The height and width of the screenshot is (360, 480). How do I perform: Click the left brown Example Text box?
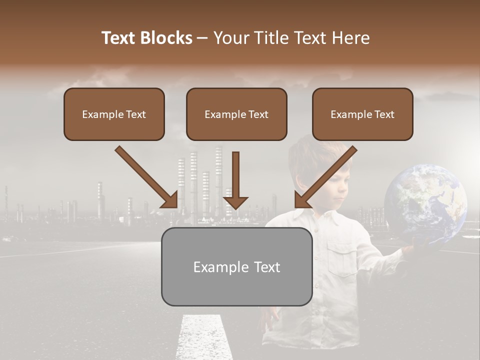point(114,114)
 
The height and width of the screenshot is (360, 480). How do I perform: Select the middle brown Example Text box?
point(236,114)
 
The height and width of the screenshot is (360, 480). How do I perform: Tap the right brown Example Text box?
point(362,114)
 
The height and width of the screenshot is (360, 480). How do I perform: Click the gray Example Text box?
point(236,266)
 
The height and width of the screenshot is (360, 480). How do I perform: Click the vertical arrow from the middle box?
point(235,180)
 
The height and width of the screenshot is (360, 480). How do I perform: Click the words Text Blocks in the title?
point(146,38)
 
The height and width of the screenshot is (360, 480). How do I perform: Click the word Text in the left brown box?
point(135,114)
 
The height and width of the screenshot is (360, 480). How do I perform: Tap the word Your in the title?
point(230,38)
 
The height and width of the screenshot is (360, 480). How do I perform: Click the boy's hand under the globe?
point(413,246)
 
